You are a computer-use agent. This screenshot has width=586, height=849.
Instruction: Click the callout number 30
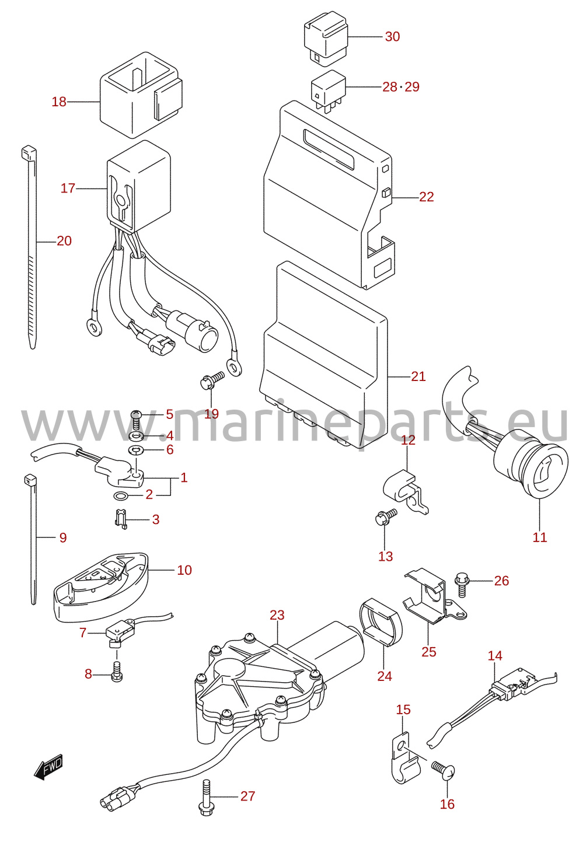click(392, 37)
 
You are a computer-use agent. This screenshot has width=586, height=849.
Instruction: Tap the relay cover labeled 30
click(326, 38)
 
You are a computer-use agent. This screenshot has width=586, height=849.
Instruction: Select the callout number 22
click(426, 197)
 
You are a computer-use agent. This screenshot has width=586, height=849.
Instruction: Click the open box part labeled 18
click(141, 95)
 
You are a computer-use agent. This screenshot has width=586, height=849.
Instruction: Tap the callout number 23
click(277, 615)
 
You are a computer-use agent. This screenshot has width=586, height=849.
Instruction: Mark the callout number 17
click(68, 188)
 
